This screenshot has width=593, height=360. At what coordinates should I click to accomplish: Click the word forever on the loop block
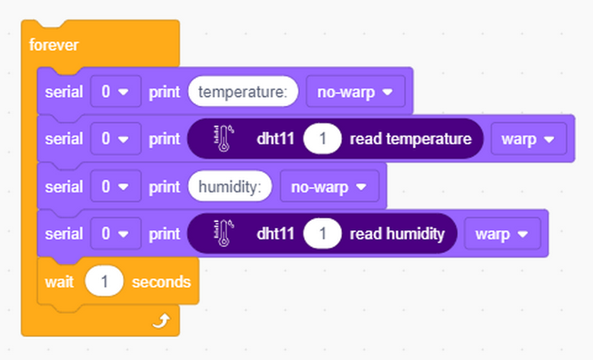pyautogui.click(x=54, y=45)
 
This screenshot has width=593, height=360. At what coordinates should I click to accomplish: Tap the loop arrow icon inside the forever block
pyautogui.click(x=161, y=321)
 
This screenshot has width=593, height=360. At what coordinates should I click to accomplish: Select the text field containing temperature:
pyautogui.click(x=243, y=92)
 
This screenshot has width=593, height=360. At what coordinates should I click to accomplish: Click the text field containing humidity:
pyautogui.click(x=230, y=186)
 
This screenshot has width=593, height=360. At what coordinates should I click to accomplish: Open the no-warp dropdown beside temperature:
pyautogui.click(x=355, y=92)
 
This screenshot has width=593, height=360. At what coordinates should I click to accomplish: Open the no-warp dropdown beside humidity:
pyautogui.click(x=329, y=186)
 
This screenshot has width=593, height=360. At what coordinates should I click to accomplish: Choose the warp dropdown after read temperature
pyautogui.click(x=529, y=139)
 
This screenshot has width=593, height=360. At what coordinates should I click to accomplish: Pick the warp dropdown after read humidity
pyautogui.click(x=502, y=233)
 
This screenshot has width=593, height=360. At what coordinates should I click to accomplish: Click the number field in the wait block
pyautogui.click(x=104, y=282)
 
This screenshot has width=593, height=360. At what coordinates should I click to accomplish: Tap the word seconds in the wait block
pyautogui.click(x=161, y=282)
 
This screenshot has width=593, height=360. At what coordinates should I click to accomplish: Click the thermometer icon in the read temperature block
pyautogui.click(x=223, y=138)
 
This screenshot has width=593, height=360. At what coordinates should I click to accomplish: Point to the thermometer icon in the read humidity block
pyautogui.click(x=223, y=233)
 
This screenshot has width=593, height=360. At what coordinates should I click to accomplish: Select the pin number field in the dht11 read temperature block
pyautogui.click(x=322, y=139)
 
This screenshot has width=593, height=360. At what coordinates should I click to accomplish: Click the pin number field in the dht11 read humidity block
pyautogui.click(x=322, y=233)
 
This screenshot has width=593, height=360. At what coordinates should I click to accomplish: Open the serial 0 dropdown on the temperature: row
pyautogui.click(x=116, y=92)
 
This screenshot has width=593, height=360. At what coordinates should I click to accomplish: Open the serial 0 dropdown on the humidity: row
pyautogui.click(x=116, y=186)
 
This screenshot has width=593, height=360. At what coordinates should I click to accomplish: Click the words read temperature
pyautogui.click(x=410, y=139)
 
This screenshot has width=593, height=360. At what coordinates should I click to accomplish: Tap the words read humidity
pyautogui.click(x=397, y=234)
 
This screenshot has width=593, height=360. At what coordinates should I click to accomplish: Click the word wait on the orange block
pyautogui.click(x=59, y=282)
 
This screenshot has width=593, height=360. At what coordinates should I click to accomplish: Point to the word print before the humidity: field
pyautogui.click(x=165, y=187)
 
